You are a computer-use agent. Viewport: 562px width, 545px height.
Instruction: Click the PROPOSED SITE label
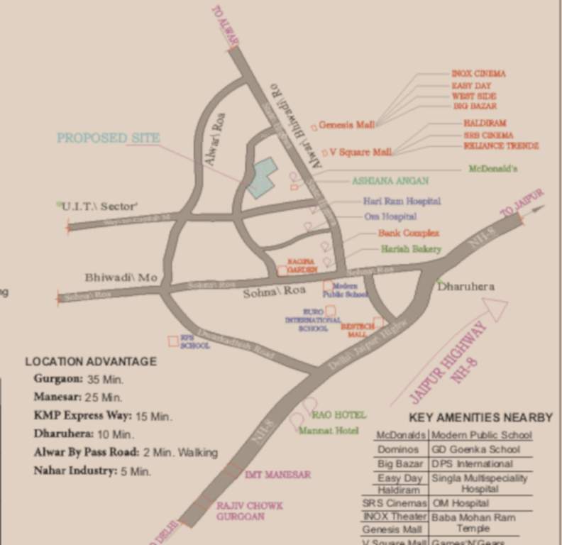pyautogui.click(x=109, y=138)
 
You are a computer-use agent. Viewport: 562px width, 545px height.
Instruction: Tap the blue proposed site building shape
pyautogui.click(x=262, y=177)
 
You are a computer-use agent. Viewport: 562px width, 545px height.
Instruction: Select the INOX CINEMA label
pyautogui.click(x=479, y=74)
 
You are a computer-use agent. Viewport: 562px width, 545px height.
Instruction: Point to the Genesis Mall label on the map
pyautogui.click(x=346, y=125)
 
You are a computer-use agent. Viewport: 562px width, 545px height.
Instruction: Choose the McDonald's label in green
pyautogui.click(x=493, y=170)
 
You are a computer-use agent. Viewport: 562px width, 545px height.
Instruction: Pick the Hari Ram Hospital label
pyautogui.click(x=402, y=202)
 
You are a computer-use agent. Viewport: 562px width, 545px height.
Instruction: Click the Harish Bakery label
pyautogui.click(x=411, y=249)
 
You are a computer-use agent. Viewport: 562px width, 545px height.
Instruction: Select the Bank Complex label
pyautogui.click(x=408, y=233)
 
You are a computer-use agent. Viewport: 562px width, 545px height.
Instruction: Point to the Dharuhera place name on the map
pyautogui.click(x=465, y=287)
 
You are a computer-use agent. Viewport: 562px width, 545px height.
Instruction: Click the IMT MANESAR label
pyautogui.click(x=277, y=474)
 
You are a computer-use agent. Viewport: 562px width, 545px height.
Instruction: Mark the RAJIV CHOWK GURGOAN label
pyautogui.click(x=249, y=511)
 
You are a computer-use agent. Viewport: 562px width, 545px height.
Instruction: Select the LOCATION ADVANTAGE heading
pyautogui.click(x=91, y=361)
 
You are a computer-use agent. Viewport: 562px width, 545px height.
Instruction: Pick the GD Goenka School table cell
pyautogui.click(x=475, y=449)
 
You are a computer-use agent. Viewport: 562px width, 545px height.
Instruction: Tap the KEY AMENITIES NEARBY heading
pyautogui.click(x=480, y=417)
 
